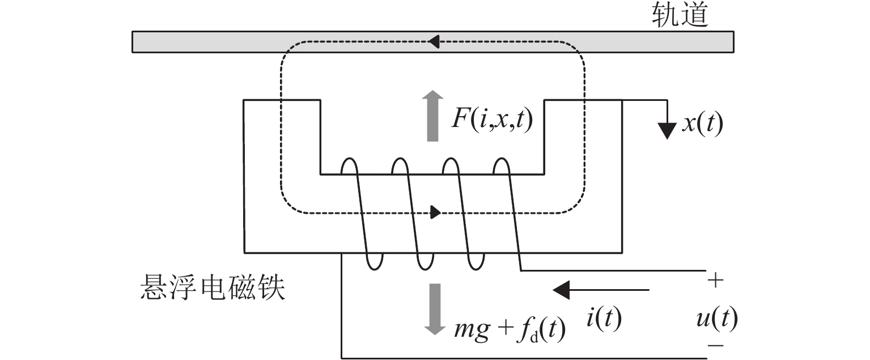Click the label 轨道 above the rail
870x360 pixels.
[x=680, y=15]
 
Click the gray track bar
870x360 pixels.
[x=227, y=41]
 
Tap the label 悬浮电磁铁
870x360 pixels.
[x=213, y=289]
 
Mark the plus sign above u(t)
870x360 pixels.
[x=716, y=281]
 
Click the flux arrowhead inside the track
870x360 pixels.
[x=434, y=41]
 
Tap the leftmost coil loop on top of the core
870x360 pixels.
[x=350, y=165]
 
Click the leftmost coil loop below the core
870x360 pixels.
[x=374, y=261]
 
